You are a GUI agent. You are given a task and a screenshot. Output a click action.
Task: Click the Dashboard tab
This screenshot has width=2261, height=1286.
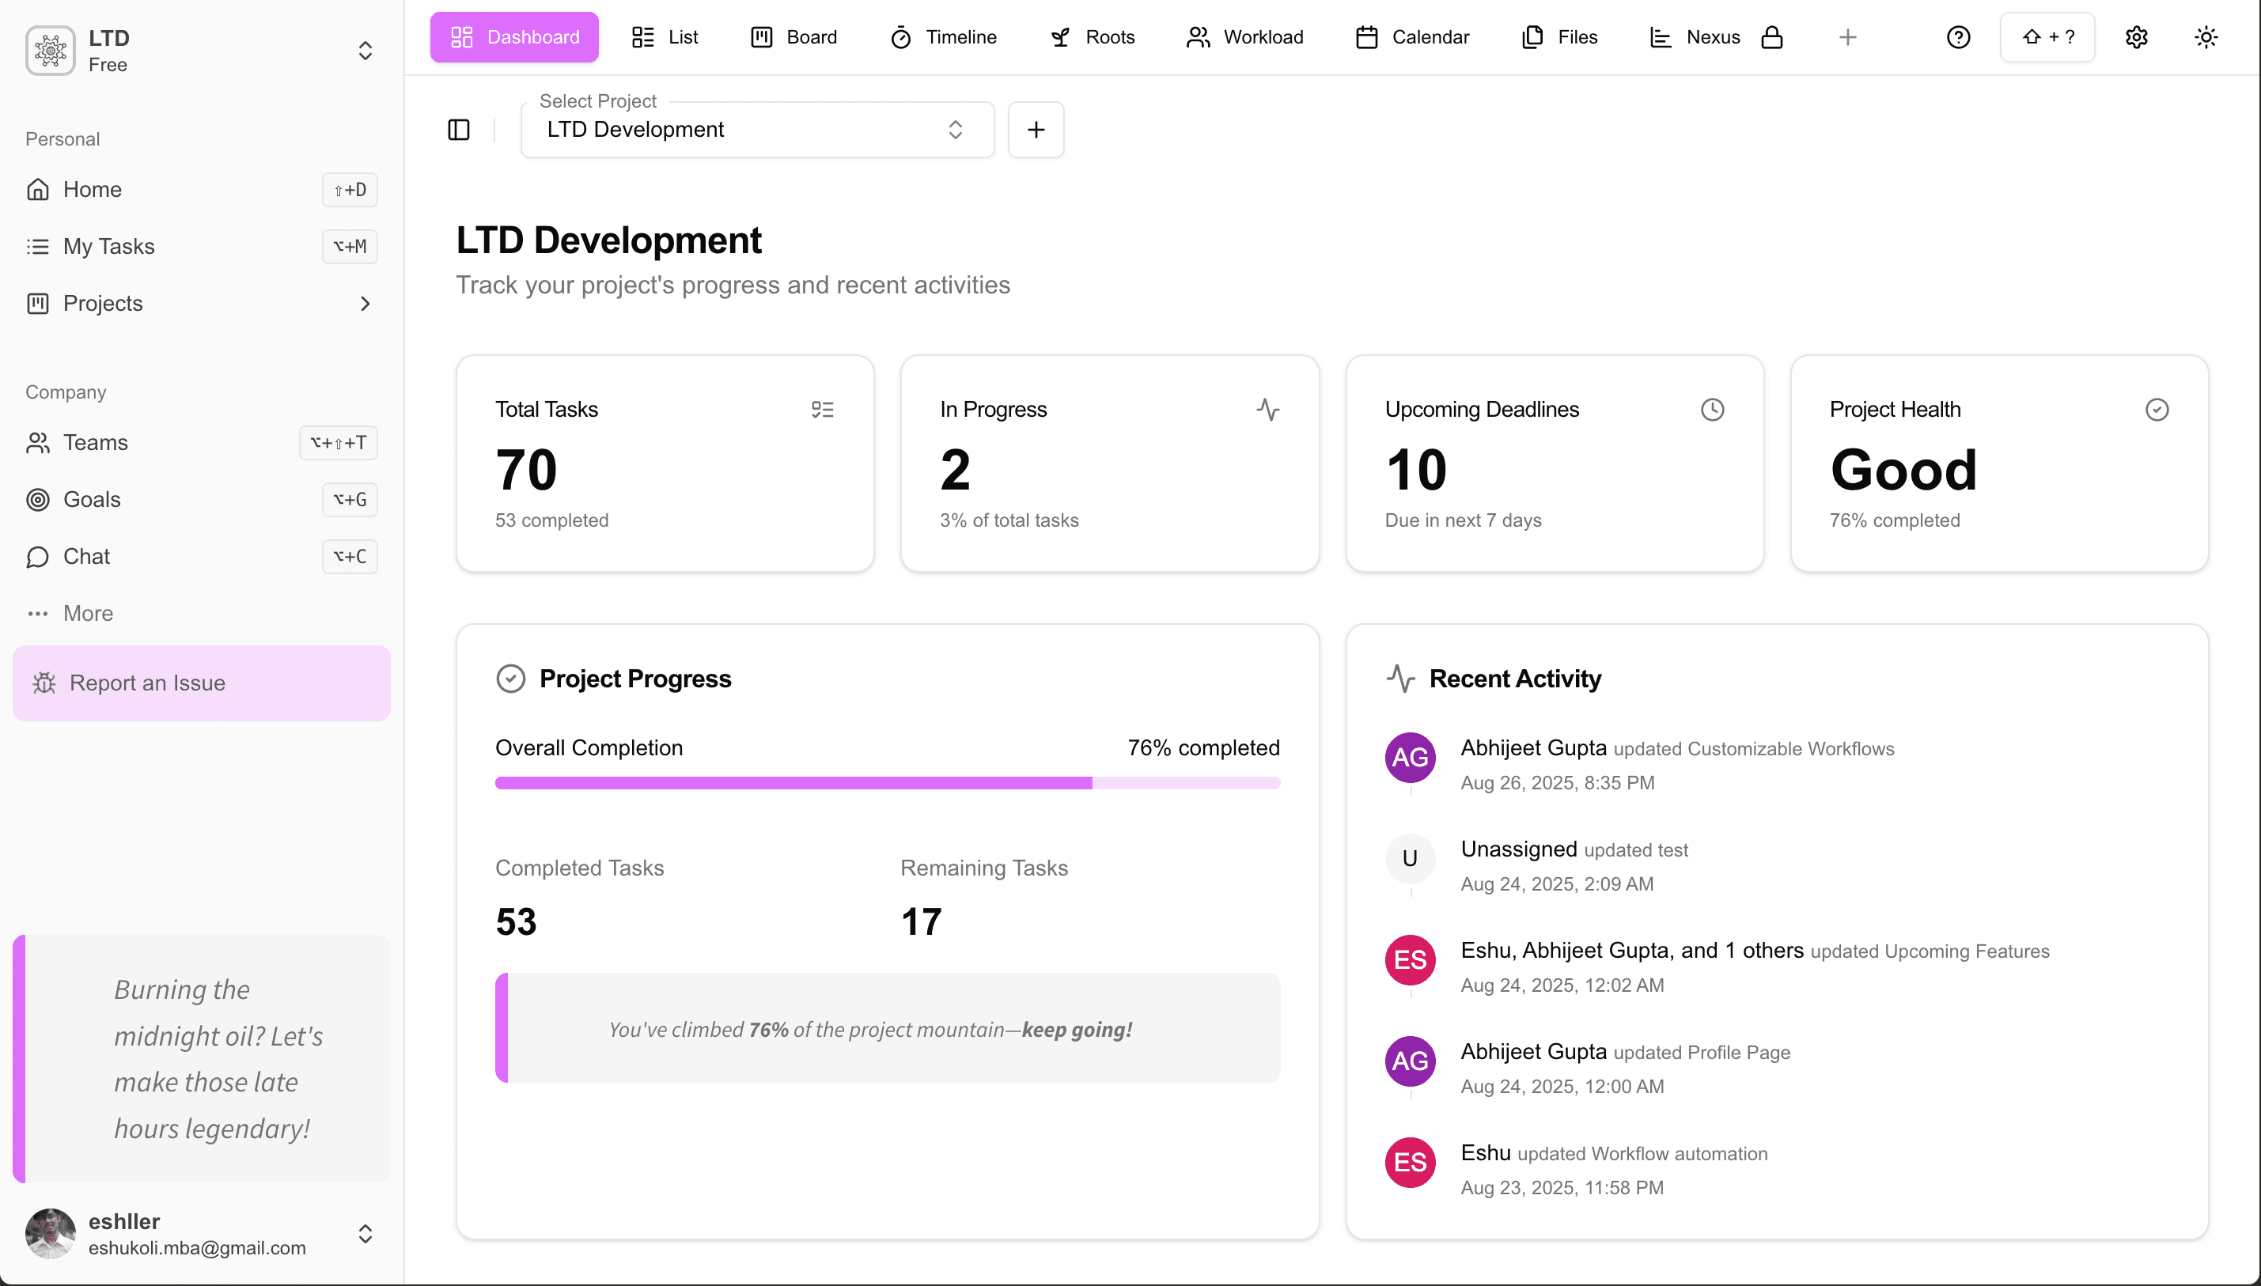tap(514, 37)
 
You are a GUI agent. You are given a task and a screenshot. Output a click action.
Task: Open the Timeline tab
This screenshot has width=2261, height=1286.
tap(943, 37)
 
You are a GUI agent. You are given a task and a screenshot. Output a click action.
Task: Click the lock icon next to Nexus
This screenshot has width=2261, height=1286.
tap(1772, 37)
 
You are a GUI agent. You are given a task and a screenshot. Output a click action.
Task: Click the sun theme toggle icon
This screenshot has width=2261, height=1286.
tap(2206, 37)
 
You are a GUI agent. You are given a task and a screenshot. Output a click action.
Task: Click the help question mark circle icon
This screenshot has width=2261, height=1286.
tap(1958, 37)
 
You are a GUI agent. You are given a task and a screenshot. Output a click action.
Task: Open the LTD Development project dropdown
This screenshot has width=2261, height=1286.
tap(757, 130)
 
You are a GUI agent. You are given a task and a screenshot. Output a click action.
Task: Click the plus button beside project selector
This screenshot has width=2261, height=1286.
tap(1036, 130)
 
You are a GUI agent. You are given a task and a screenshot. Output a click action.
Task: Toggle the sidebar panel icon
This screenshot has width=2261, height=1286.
tap(458, 130)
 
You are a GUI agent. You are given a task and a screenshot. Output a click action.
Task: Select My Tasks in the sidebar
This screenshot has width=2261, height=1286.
tap(108, 247)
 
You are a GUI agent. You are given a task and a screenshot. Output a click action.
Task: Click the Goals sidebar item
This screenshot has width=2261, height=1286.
tap(92, 499)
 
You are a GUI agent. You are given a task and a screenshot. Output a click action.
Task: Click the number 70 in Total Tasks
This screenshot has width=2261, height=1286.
tap(526, 469)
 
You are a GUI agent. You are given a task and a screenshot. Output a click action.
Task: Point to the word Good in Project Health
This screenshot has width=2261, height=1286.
tap(1903, 469)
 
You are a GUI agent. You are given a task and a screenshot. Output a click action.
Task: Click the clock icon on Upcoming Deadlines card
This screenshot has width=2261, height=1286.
tap(1712, 410)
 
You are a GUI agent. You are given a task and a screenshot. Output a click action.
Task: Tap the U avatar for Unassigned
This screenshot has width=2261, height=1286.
tap(1410, 858)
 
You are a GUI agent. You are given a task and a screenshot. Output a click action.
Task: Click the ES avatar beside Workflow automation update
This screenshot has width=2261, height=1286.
tap(1410, 1163)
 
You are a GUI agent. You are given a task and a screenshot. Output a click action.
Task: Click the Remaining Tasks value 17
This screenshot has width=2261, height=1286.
tap(921, 922)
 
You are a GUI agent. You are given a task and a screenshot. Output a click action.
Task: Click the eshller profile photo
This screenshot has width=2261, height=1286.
tap(51, 1233)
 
